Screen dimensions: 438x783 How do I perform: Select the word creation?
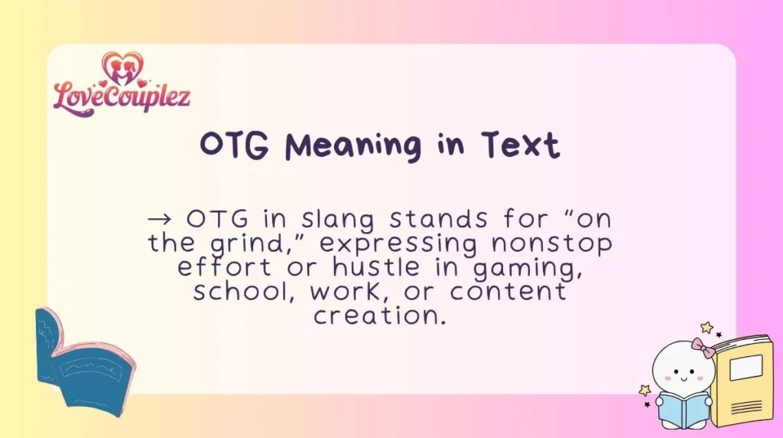click(379, 315)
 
